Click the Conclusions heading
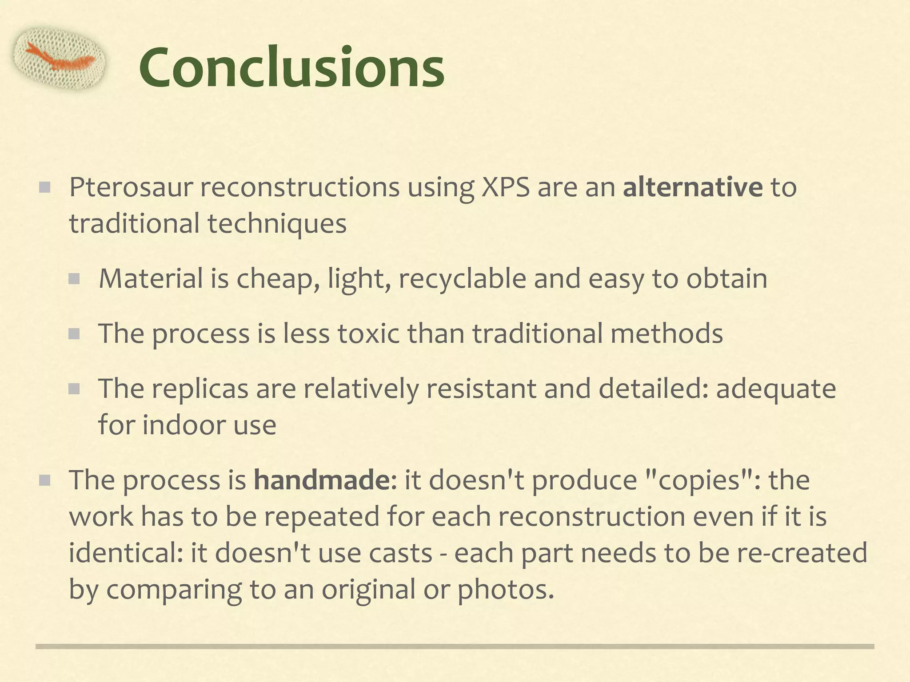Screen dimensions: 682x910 tap(291, 68)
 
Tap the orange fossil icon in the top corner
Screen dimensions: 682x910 tap(60, 58)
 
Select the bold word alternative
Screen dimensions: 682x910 tap(692, 187)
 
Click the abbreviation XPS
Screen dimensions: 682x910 tap(506, 187)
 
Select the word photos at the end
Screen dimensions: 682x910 tap(506, 590)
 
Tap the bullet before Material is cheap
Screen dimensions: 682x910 tap(74, 279)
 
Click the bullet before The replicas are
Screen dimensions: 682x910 tap(74, 389)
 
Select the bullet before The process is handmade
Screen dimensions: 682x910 tap(44, 480)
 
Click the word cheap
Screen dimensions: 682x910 tap(277, 279)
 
